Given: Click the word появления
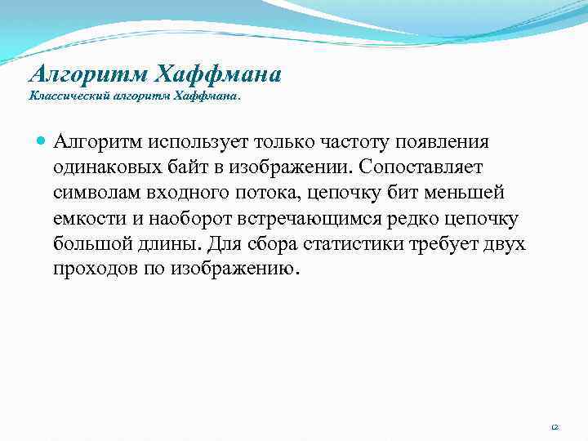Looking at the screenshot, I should (442, 142).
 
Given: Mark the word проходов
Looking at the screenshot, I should (93, 269).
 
